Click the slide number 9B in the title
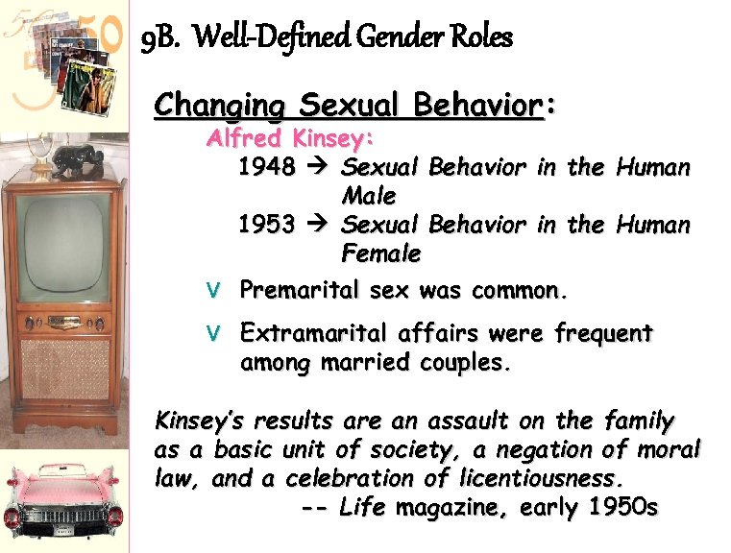pos(159,38)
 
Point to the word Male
pos(369,197)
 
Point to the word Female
pos(381,254)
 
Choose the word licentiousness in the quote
pos(537,478)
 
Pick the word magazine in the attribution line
pos(443,507)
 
